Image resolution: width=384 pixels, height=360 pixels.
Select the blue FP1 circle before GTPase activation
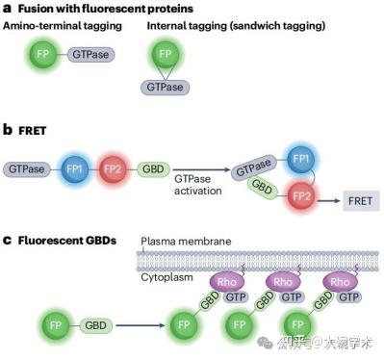tap(72, 168)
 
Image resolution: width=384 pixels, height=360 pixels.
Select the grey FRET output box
tap(358, 201)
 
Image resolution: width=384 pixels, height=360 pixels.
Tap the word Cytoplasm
tap(168, 276)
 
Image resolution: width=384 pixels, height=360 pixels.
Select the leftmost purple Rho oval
tap(227, 283)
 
